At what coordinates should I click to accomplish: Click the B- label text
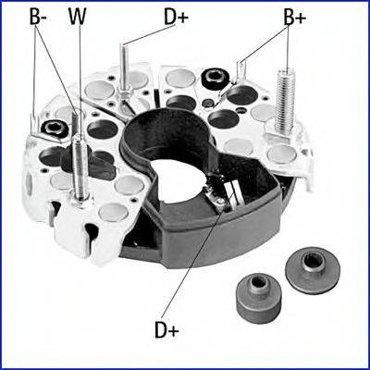tap(38, 17)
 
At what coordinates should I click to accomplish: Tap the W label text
tap(77, 17)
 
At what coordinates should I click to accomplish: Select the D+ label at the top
tap(176, 17)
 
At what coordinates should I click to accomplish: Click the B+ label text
tap(295, 18)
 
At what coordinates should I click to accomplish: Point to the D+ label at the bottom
tap(166, 331)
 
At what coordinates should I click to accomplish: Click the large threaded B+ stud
tap(285, 100)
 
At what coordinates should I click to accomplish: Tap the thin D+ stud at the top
tap(124, 67)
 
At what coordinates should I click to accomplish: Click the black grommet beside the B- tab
tap(55, 128)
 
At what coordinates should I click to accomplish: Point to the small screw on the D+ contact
tap(220, 201)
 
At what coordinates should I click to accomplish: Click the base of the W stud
tap(80, 202)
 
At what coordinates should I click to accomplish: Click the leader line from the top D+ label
tap(150, 35)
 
